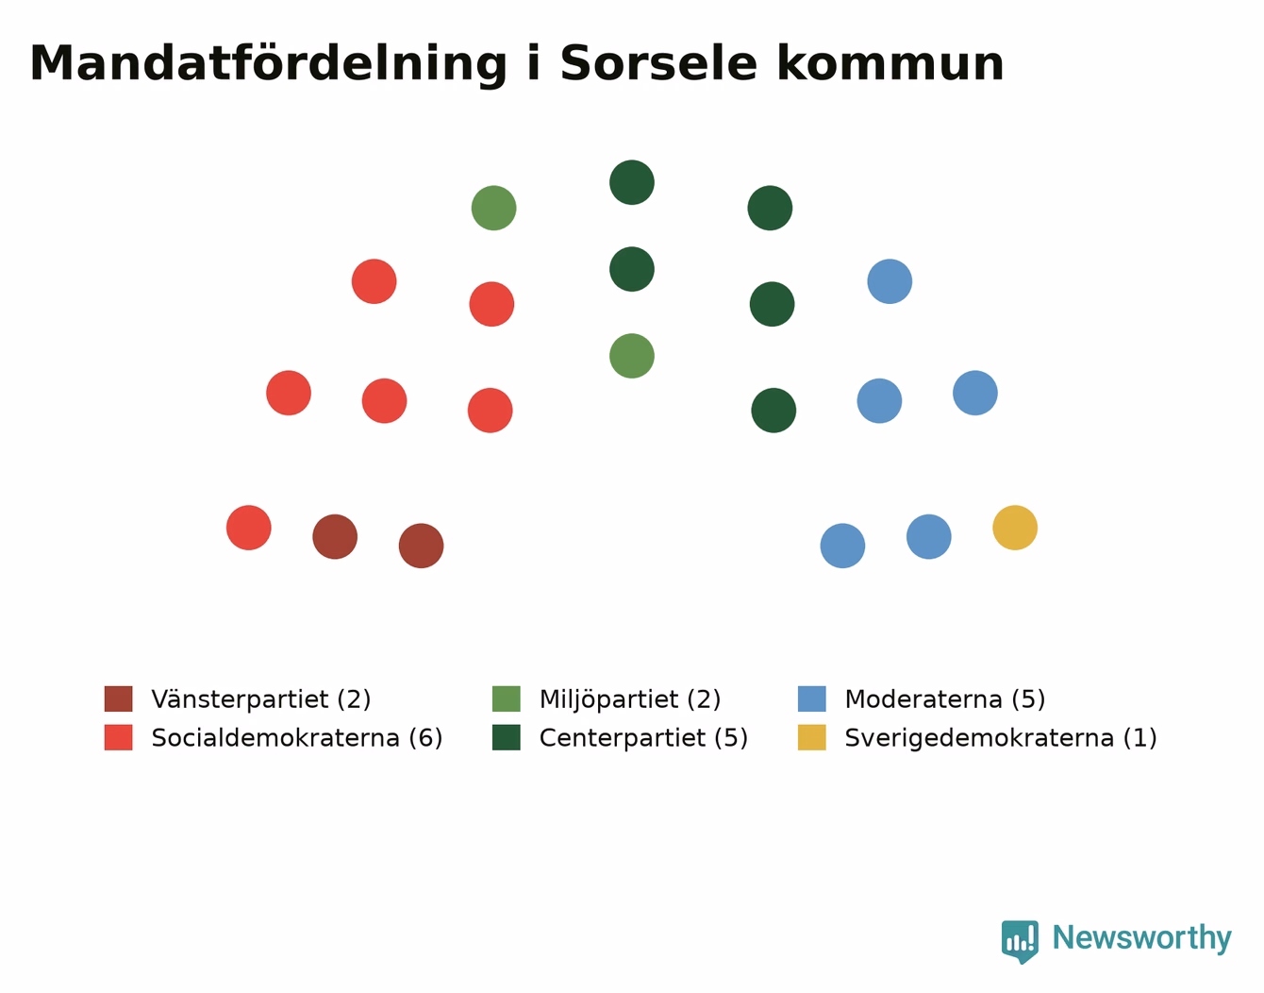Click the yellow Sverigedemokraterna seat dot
[x=1014, y=528]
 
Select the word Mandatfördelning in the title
[x=268, y=64]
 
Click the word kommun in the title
[x=890, y=63]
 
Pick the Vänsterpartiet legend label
[x=261, y=698]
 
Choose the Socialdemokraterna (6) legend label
[x=296, y=737]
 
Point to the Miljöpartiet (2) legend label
[x=630, y=699]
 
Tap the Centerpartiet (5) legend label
[x=643, y=737]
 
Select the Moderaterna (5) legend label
[x=944, y=698]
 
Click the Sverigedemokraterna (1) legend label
[x=1001, y=737]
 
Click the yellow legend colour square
[x=811, y=737]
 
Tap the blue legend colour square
[x=811, y=698]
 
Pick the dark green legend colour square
[x=506, y=737]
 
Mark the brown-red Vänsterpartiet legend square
[x=118, y=698]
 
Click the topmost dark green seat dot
[x=632, y=182]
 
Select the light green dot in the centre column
[x=632, y=356]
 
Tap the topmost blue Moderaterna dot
[x=890, y=281]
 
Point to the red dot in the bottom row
[x=248, y=528]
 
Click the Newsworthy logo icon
[x=1020, y=942]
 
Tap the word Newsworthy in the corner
[x=1142, y=938]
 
